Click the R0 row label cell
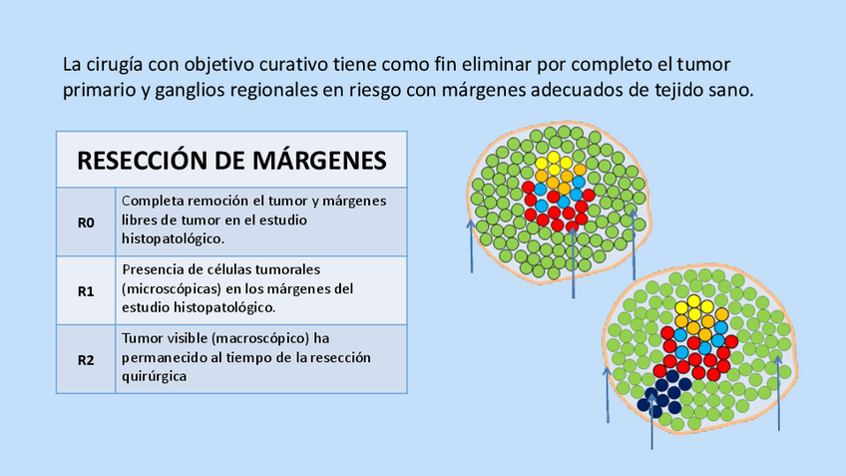[86, 223]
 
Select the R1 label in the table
[86, 291]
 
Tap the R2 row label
[86, 359]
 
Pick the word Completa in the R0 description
[153, 201]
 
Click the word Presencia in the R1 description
[155, 269]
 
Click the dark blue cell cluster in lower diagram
[667, 391]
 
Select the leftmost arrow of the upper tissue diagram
[471, 244]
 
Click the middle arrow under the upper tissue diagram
[573, 259]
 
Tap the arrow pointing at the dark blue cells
[651, 419]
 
